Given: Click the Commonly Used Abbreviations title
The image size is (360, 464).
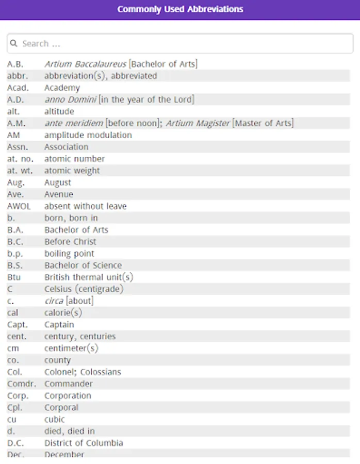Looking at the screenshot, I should tap(180, 9).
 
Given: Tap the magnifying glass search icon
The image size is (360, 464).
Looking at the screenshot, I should tap(14, 44).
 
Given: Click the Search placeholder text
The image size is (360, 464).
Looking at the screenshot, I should tap(41, 44).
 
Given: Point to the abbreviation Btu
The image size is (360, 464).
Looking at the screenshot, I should tap(13, 277).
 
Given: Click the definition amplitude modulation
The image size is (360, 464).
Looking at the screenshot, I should tap(88, 135).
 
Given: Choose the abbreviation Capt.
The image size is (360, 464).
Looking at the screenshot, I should tap(18, 325).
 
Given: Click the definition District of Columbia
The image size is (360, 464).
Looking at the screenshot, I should tap(84, 443).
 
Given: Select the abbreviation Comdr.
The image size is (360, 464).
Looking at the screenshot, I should tap(21, 384).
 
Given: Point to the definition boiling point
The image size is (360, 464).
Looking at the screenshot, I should tap(69, 254).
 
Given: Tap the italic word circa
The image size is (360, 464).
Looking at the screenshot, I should tap(54, 301).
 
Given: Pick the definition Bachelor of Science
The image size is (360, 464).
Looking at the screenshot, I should tap(83, 266).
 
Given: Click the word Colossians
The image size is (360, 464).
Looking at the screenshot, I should tap(102, 372).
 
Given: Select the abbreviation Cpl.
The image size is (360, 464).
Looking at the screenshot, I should tap(14, 408).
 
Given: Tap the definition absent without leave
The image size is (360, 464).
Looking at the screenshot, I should tap(85, 206).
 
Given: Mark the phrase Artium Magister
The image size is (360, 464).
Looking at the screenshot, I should tap(198, 123).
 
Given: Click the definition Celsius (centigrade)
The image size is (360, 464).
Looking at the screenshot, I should tap(84, 289).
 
